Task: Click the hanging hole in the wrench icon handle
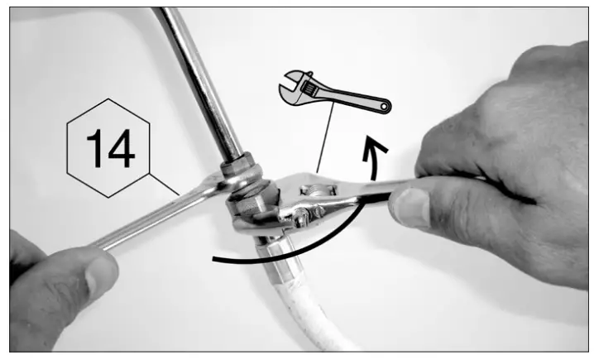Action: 383,106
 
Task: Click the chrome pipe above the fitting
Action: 199,83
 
